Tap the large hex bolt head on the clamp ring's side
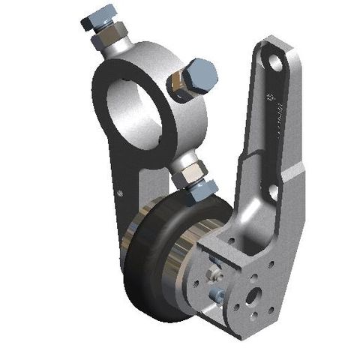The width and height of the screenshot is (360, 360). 199,74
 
